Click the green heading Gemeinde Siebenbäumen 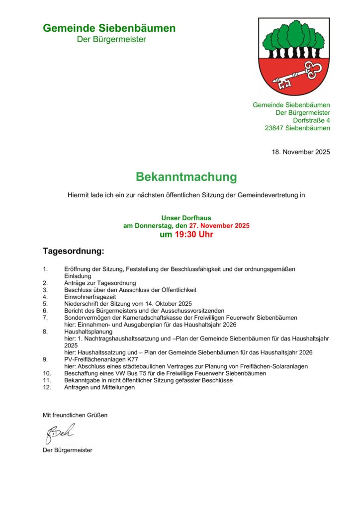pos(109,28)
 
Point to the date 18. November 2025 pos(300,152)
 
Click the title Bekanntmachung pos(186,177)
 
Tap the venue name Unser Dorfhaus pos(186,218)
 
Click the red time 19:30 pos(186,235)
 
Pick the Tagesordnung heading pos(74,252)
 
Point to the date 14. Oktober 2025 pos(164,303)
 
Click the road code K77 pos(131,359)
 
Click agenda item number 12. pos(47,387)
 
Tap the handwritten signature pos(60,433)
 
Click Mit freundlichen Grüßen pos(75,415)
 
